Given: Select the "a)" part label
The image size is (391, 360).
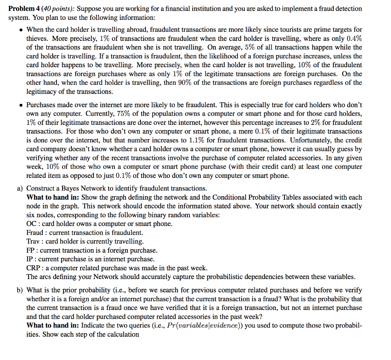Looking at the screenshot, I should click(x=19, y=188).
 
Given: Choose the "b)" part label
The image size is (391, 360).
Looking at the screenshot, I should click(x=19, y=290).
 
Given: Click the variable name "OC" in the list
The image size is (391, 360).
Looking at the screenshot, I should click(x=31, y=224).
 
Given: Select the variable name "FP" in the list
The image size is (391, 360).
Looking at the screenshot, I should click(x=31, y=250).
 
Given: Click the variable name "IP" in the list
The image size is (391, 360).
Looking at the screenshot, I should click(x=30, y=259).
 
